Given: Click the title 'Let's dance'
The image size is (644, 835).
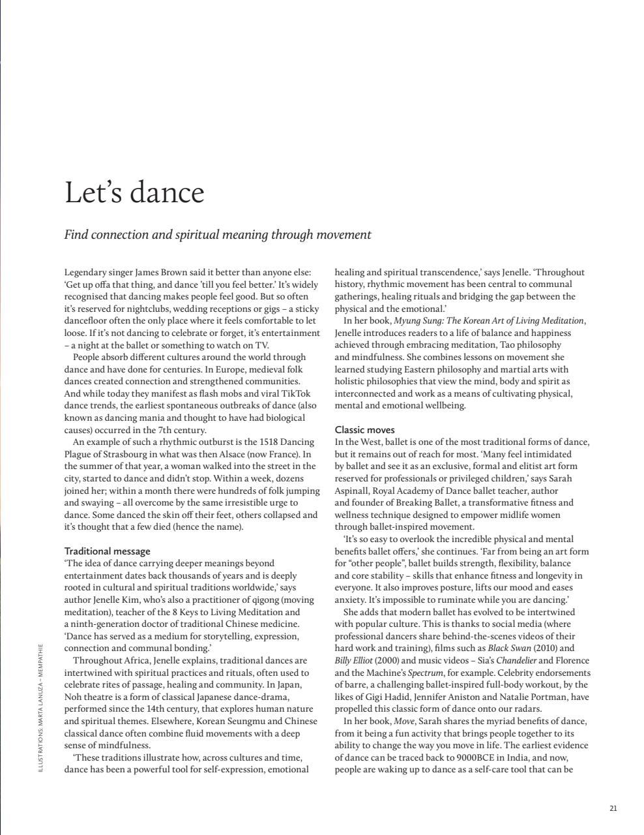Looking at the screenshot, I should point(134,192).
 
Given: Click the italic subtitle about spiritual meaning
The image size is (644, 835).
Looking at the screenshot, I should point(218,235).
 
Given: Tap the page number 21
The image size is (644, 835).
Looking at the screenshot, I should point(613,808).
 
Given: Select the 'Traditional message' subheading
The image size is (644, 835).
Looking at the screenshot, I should point(107,551).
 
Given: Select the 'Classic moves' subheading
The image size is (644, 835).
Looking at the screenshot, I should point(364,430).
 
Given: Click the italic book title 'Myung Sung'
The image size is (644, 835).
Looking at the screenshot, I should point(416,320).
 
